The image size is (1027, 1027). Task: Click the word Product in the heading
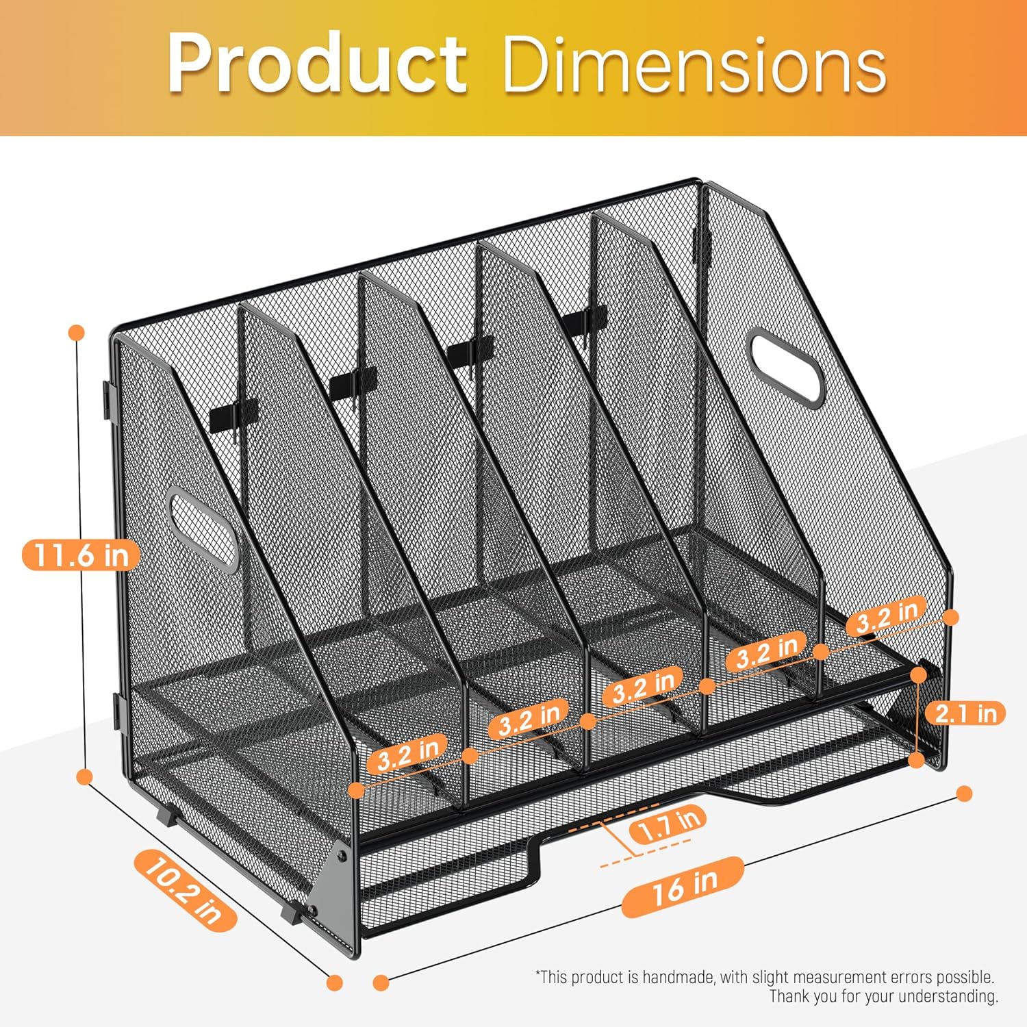[x=317, y=63]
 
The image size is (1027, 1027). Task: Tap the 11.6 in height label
[x=81, y=555]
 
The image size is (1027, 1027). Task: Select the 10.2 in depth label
[x=185, y=889]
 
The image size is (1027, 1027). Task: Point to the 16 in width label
[x=683, y=887]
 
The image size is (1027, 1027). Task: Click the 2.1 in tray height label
[x=966, y=713]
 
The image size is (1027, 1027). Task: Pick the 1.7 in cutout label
[x=668, y=825]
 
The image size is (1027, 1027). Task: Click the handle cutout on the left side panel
[x=203, y=529]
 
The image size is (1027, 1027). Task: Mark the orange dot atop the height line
[x=77, y=333]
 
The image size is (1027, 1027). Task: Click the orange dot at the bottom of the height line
[x=85, y=777]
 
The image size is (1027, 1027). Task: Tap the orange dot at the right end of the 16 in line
[x=964, y=794]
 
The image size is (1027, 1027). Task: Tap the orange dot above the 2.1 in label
[x=919, y=675]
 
